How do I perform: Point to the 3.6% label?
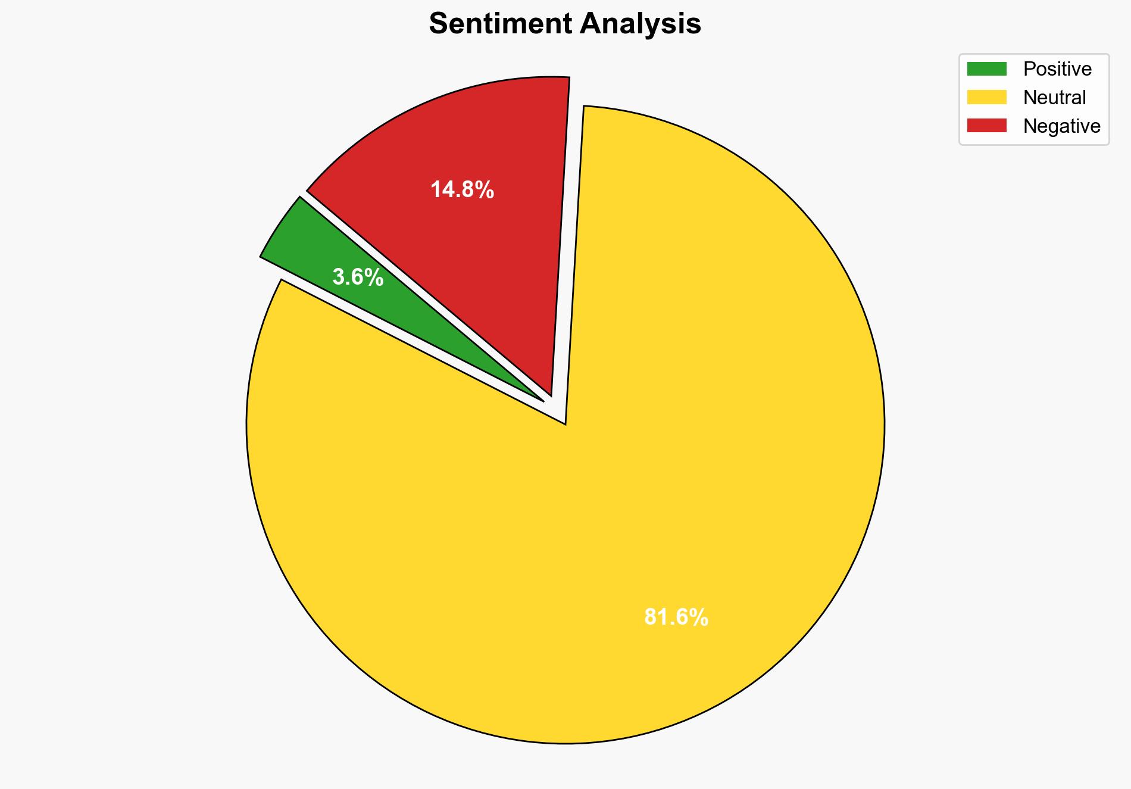click(x=358, y=277)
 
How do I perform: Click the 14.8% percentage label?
click(x=462, y=190)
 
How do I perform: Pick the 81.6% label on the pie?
click(x=676, y=618)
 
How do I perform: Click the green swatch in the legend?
click(x=986, y=69)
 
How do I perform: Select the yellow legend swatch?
click(x=986, y=97)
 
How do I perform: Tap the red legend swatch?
click(x=986, y=126)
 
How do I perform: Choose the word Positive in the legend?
click(x=1057, y=69)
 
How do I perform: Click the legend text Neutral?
click(x=1054, y=97)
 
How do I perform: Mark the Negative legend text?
click(x=1061, y=126)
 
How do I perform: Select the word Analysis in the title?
click(x=641, y=24)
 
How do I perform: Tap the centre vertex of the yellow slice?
click(x=565, y=423)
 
